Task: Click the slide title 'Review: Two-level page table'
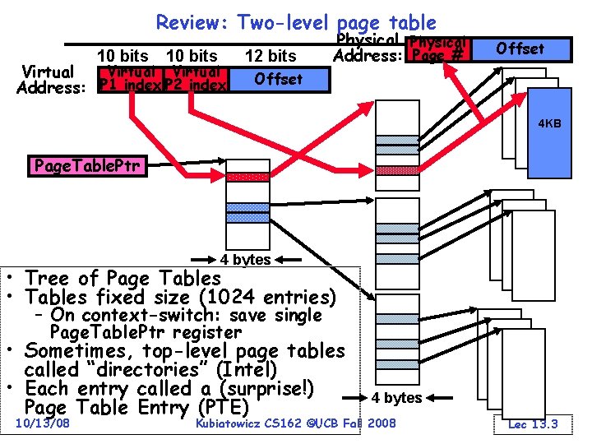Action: [296, 22]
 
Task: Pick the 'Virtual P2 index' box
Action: [196, 79]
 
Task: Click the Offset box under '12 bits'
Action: [278, 79]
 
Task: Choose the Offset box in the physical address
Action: [520, 49]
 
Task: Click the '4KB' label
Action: [549, 123]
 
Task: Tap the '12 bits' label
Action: [271, 56]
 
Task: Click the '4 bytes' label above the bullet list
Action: [246, 260]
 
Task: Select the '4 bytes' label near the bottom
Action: [396, 398]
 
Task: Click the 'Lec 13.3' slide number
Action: [533, 423]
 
